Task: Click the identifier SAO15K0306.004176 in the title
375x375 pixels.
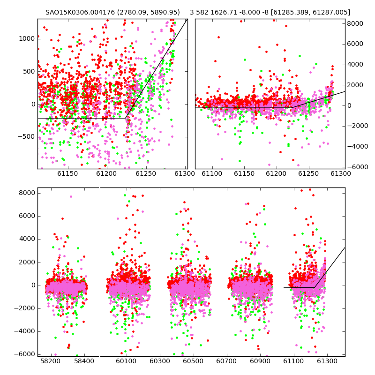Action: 80,12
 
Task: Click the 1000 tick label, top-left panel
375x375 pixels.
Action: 27,38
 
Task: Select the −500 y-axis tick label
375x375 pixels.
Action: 26,137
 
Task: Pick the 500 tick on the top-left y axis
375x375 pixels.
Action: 29,71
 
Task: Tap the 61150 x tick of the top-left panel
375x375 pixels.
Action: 68,173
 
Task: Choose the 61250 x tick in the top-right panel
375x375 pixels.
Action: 308,173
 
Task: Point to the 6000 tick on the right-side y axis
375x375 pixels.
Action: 355,44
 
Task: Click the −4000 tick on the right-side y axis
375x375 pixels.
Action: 358,146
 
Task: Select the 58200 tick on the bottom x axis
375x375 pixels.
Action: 51,361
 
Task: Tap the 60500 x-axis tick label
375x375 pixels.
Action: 193,361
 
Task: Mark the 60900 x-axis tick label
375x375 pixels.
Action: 260,361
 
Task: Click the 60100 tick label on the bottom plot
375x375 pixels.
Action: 126,361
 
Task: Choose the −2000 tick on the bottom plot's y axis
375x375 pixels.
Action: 25,308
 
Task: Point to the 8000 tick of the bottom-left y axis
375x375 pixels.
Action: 27,193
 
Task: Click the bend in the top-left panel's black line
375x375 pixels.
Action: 125,119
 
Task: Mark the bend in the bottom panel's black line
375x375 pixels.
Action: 314,287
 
